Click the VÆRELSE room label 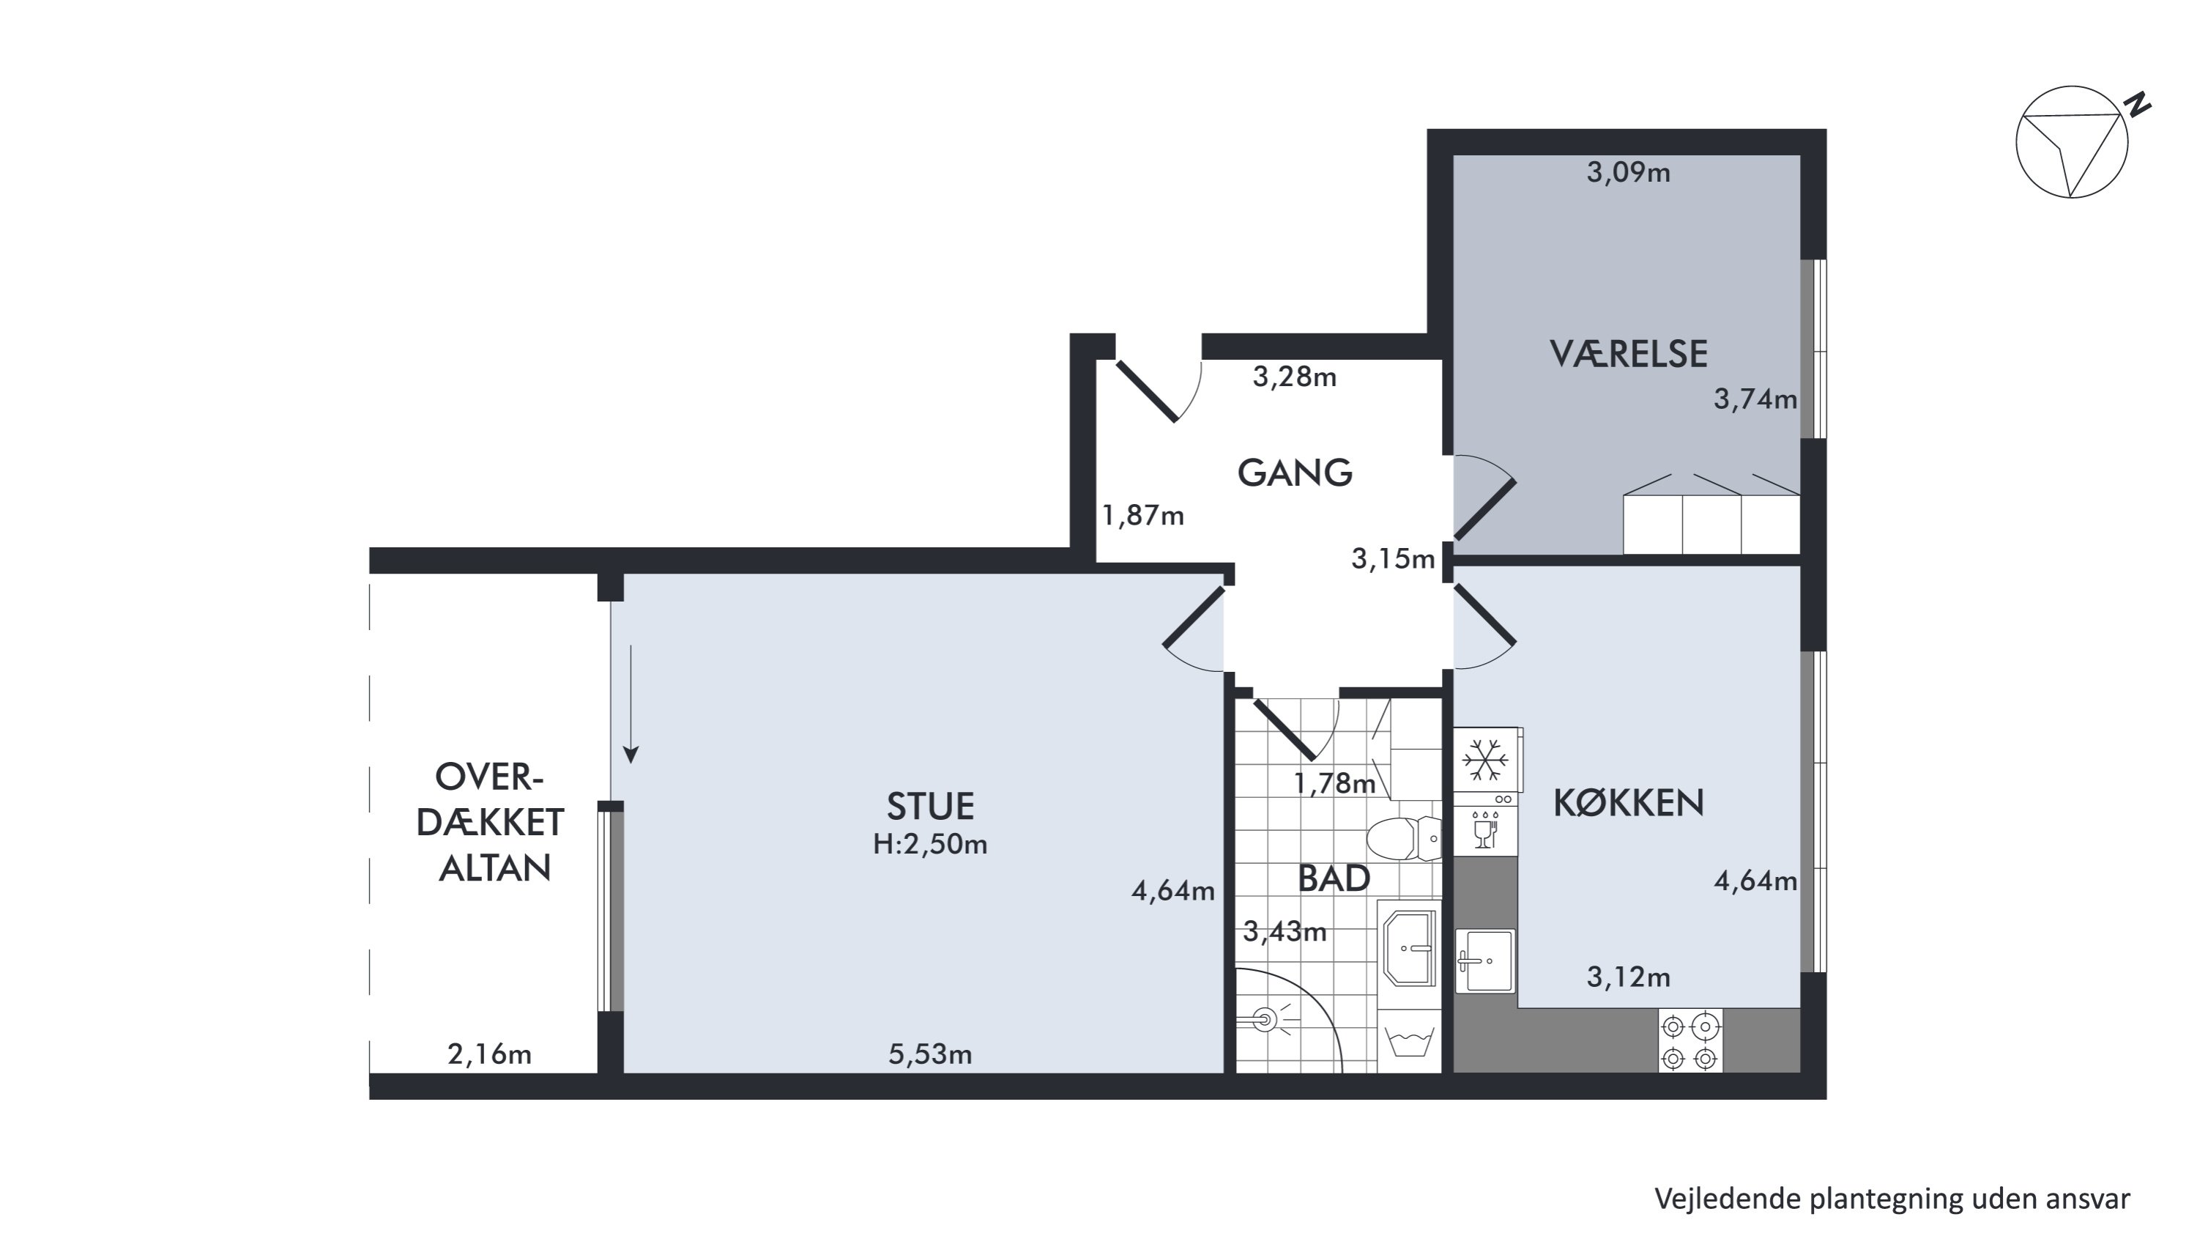pyautogui.click(x=1628, y=354)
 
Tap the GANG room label pyautogui.click(x=1295, y=473)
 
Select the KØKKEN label pyautogui.click(x=1628, y=803)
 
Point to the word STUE pyautogui.click(x=929, y=806)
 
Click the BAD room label pyautogui.click(x=1333, y=878)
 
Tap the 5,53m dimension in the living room pyautogui.click(x=929, y=1054)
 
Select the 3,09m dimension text pyautogui.click(x=1628, y=172)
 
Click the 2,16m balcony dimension pyautogui.click(x=489, y=1054)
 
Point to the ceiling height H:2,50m pyautogui.click(x=929, y=845)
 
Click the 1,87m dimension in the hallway pyautogui.click(x=1143, y=515)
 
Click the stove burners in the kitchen pyautogui.click(x=1689, y=1040)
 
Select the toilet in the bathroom pyautogui.click(x=1404, y=838)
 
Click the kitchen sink pyautogui.click(x=1485, y=961)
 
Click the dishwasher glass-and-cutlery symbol pyautogui.click(x=1485, y=828)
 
